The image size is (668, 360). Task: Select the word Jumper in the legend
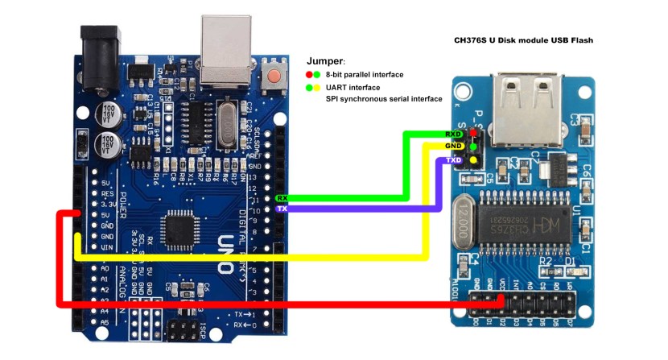coord(325,60)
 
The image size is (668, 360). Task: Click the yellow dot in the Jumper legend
coord(319,87)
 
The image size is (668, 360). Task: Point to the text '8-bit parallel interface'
coord(365,74)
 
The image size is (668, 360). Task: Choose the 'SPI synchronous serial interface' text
coord(384,99)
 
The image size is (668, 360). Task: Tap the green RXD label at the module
coord(453,134)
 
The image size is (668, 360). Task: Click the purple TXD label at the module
coord(453,160)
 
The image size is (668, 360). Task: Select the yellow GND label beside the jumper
coord(453,147)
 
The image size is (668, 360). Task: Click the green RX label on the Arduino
coord(282,197)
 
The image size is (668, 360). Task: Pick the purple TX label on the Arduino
coord(282,209)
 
